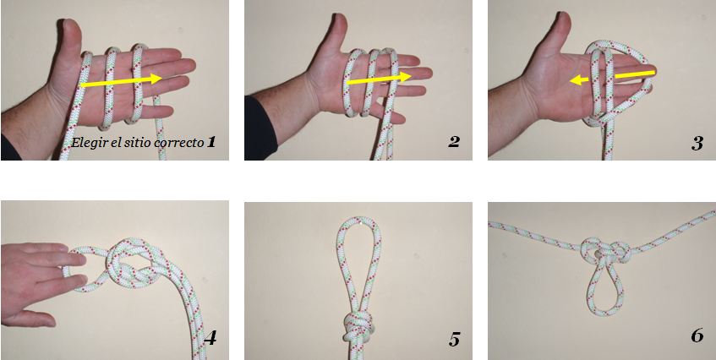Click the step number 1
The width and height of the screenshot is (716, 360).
point(210,142)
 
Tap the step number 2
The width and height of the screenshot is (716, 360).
point(453,142)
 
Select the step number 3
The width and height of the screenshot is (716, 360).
point(697,144)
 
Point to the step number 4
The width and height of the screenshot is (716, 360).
point(210,339)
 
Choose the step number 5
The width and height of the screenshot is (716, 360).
point(454,340)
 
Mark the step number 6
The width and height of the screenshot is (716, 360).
point(697,336)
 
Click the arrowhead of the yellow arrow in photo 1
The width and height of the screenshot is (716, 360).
point(155,78)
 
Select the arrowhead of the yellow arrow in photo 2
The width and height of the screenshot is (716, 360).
point(405,77)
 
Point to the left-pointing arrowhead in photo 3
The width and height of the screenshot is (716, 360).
point(577,81)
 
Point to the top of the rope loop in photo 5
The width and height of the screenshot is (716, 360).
point(359,220)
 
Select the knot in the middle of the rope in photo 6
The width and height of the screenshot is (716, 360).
point(605,252)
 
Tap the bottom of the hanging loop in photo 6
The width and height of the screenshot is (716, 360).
point(605,313)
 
